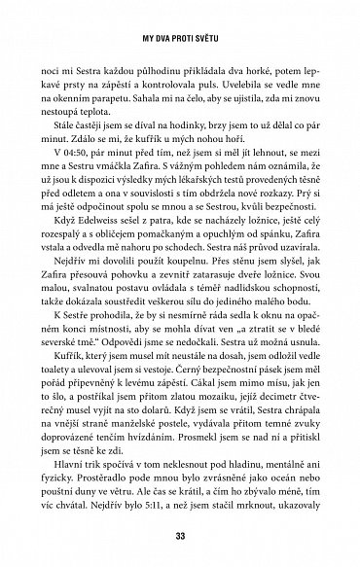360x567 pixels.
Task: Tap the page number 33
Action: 179,538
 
